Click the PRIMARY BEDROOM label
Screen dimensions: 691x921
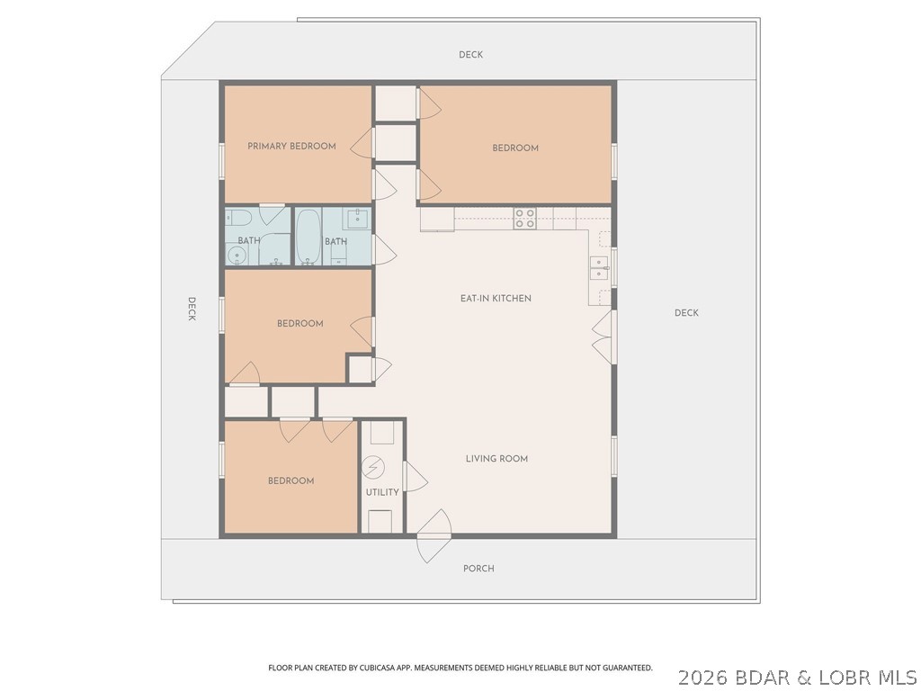pos(291,146)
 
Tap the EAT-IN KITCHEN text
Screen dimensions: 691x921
pos(496,298)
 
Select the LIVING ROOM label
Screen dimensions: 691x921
pos(496,459)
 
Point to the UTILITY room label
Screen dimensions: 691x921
pos(382,492)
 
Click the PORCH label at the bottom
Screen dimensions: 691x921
pos(478,569)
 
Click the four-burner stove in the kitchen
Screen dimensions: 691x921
pos(524,218)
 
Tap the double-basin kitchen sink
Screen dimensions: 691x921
pos(599,267)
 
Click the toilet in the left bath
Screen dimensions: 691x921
pos(237,217)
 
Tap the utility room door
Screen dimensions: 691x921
pos(414,476)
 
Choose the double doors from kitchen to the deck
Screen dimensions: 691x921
pos(603,337)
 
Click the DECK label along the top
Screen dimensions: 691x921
pos(470,55)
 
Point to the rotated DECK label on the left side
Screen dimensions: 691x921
pos(192,309)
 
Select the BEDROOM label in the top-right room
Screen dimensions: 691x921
pos(515,148)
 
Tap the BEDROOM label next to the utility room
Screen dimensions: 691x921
pos(291,480)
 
